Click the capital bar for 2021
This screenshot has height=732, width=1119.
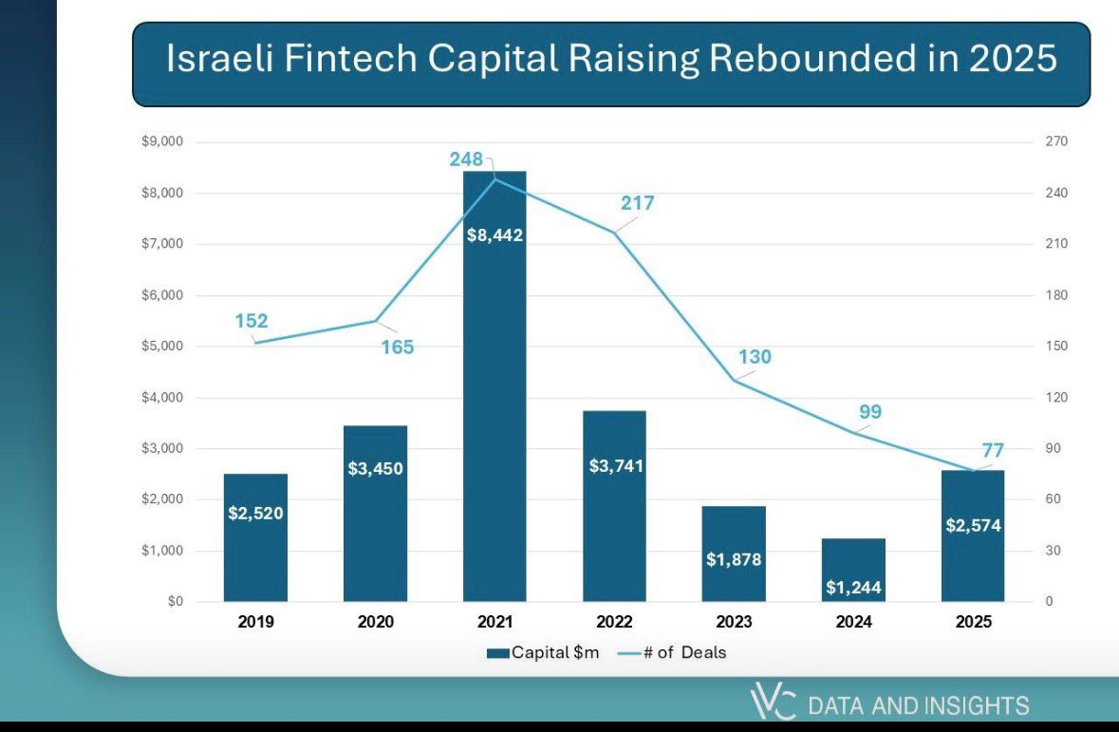click(494, 399)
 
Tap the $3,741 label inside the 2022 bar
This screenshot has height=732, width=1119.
click(614, 466)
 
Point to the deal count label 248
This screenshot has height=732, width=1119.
click(467, 160)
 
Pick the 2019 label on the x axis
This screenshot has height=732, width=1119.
click(255, 622)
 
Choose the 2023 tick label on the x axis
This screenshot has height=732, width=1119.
click(734, 622)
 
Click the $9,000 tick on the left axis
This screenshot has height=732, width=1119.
click(164, 142)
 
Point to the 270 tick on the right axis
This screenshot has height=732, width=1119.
click(1056, 142)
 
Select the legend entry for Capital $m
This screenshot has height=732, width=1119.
click(543, 652)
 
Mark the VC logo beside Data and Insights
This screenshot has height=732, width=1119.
click(773, 704)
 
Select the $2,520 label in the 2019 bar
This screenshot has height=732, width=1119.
click(256, 514)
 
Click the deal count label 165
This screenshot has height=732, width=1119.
click(398, 347)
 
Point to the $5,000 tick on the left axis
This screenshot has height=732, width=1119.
click(164, 347)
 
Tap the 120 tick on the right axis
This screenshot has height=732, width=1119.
click(1056, 398)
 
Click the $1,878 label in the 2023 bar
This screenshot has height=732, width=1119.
click(734, 559)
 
